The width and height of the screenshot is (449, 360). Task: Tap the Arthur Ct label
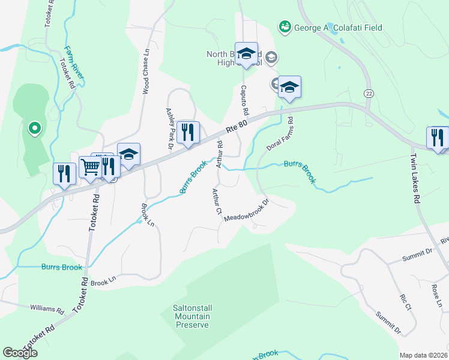tap(217, 202)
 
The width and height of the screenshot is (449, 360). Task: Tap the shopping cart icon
tap(90, 167)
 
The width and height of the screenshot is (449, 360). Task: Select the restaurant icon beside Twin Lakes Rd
tap(437, 137)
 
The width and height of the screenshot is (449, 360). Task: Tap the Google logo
tap(20, 353)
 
